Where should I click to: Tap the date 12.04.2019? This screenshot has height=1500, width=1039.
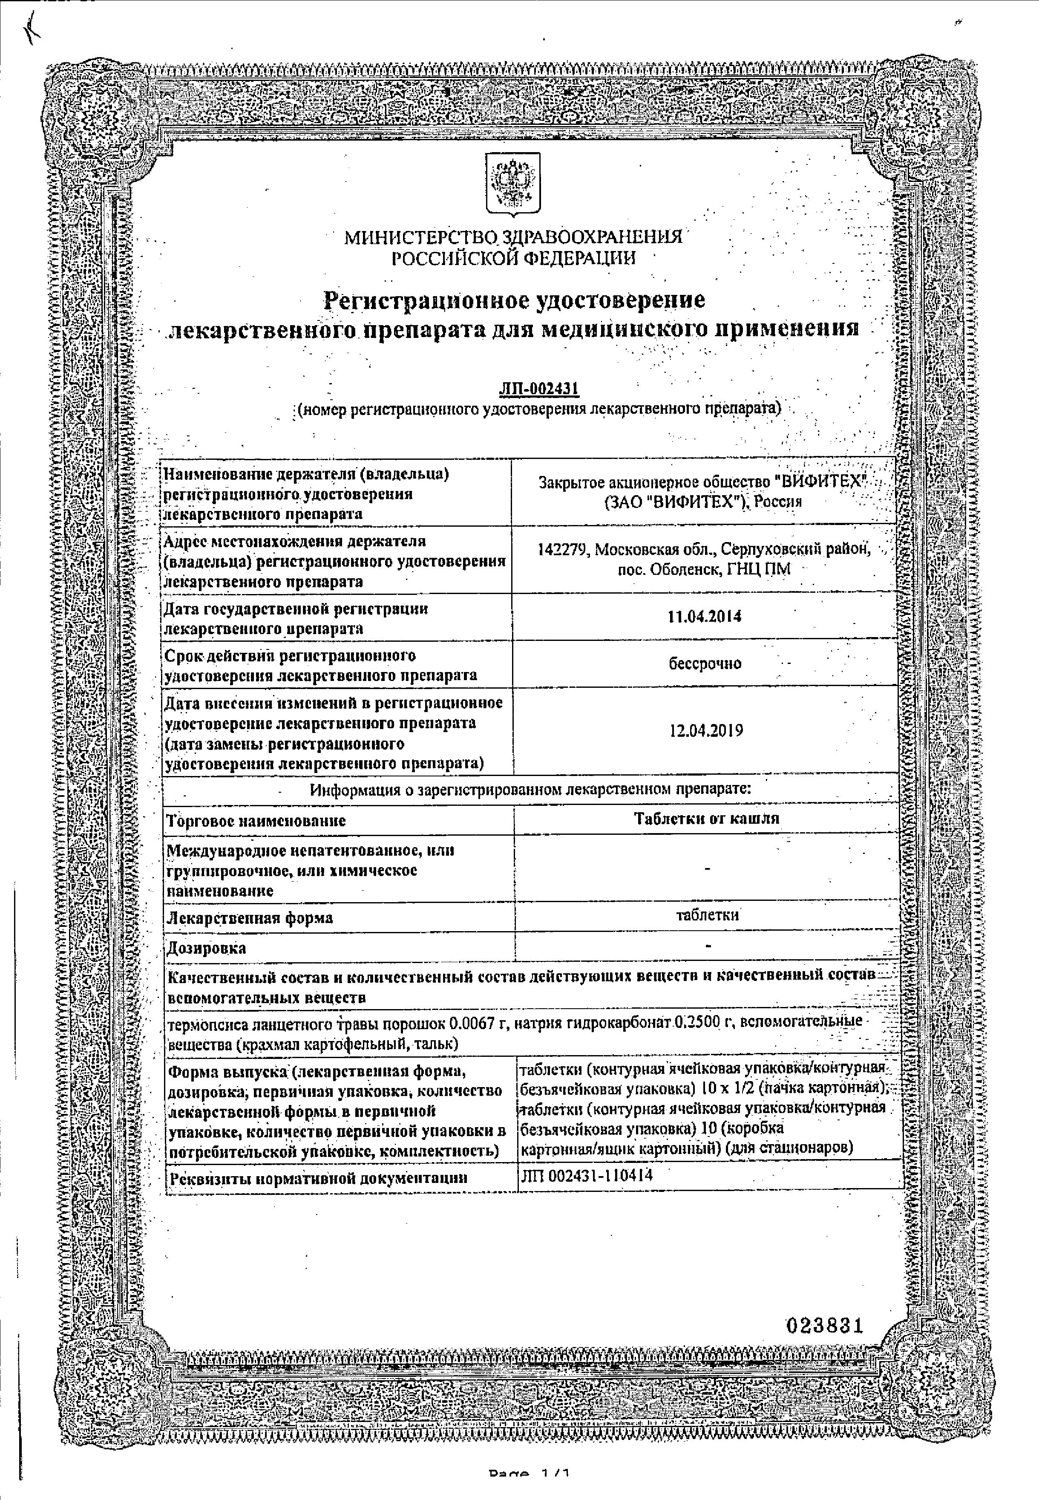click(x=706, y=730)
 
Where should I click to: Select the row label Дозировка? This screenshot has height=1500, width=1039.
click(x=207, y=947)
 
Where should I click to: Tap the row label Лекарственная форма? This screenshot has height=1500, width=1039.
click(x=249, y=918)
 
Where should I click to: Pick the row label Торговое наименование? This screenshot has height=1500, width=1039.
click(x=256, y=820)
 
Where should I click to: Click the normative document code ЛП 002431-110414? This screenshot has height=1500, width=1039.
click(x=587, y=1174)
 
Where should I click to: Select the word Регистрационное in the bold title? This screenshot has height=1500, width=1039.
click(x=426, y=300)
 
